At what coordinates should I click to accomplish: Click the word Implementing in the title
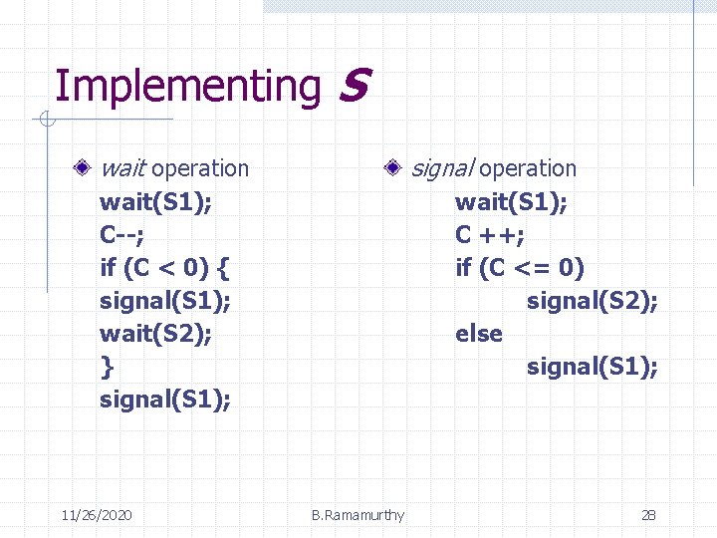pyautogui.click(x=186, y=87)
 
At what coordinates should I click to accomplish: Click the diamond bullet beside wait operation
pyautogui.click(x=90, y=168)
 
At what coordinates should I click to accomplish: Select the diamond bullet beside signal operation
pyautogui.click(x=396, y=168)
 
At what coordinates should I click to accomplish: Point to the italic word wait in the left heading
pyautogui.click(x=124, y=168)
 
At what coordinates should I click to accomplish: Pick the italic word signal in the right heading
pyautogui.click(x=442, y=168)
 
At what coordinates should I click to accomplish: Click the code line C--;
pyautogui.click(x=121, y=235)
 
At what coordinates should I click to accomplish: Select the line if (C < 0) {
pyautogui.click(x=165, y=268)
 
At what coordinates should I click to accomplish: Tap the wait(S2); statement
pyautogui.click(x=155, y=334)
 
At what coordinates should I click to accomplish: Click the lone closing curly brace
pyautogui.click(x=107, y=367)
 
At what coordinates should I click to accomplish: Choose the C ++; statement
pyautogui.click(x=490, y=235)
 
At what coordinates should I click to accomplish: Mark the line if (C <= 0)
pyautogui.click(x=520, y=268)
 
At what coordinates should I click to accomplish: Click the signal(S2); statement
pyautogui.click(x=592, y=301)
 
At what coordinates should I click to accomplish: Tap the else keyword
pyautogui.click(x=479, y=334)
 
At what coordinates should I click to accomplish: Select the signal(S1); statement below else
pyautogui.click(x=592, y=367)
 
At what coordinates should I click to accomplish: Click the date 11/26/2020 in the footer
pyautogui.click(x=96, y=515)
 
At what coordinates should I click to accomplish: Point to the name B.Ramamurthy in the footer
pyautogui.click(x=358, y=515)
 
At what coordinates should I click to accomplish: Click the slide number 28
pyautogui.click(x=648, y=515)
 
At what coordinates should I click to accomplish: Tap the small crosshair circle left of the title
pyautogui.click(x=46, y=122)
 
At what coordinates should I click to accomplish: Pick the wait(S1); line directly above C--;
pyautogui.click(x=155, y=202)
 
